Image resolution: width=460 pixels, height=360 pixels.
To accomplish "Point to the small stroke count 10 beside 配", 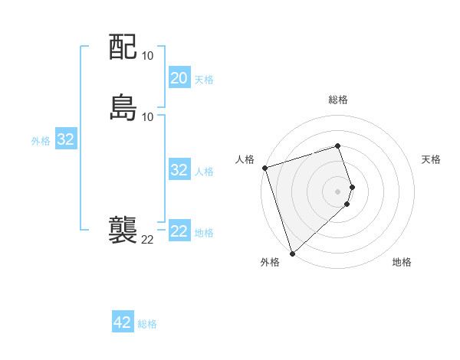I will [x=148, y=56].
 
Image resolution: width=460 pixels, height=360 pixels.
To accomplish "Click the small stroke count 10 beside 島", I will [x=148, y=116].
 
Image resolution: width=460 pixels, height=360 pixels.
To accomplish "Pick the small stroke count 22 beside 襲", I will [x=147, y=240].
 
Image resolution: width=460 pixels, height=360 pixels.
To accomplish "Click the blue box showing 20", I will [x=179, y=78].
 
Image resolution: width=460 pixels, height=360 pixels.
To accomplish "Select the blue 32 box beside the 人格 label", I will [x=179, y=170].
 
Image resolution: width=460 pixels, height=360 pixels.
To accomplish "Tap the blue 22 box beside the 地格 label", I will [x=179, y=231].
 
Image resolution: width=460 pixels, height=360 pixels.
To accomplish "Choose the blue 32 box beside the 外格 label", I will [x=66, y=139].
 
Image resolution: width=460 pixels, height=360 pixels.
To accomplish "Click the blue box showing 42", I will [x=123, y=322].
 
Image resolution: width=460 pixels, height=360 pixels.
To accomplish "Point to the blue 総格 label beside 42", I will [x=147, y=324].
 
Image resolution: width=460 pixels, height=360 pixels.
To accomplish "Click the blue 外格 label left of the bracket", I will [x=41, y=141].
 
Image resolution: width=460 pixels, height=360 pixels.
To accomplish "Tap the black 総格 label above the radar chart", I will [x=338, y=100].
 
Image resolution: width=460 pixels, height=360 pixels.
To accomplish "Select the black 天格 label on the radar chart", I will [x=432, y=159].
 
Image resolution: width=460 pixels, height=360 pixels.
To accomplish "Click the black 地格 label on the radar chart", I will [x=402, y=262].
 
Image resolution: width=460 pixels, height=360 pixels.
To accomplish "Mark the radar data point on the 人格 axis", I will [x=264, y=168].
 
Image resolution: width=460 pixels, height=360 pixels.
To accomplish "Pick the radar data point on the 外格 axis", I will [x=292, y=253].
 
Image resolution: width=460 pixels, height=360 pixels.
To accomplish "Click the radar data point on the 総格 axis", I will [x=338, y=146].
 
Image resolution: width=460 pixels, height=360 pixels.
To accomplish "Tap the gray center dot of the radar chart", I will [x=338, y=191].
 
